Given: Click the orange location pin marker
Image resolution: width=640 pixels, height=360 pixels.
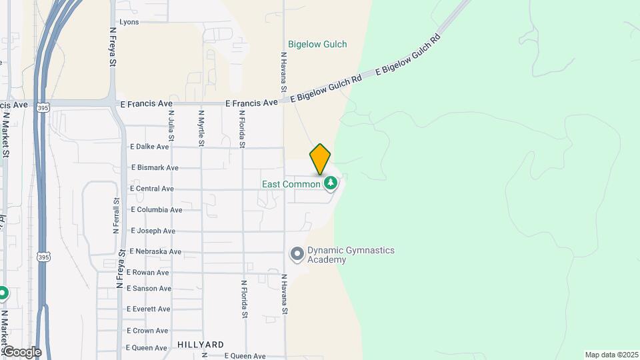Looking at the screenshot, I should coord(320,159).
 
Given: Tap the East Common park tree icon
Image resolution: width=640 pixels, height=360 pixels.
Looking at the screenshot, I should coord(330,182).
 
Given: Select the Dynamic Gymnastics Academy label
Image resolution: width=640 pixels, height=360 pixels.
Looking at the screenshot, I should coord(351,255).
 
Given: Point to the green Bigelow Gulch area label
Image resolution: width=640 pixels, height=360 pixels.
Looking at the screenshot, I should coord(317,45).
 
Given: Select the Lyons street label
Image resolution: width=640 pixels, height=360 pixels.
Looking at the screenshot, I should coord(129,22).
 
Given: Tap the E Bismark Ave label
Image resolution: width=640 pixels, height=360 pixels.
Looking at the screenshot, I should coord(155,168).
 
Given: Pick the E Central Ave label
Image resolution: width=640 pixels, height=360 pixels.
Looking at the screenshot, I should coord(152,189).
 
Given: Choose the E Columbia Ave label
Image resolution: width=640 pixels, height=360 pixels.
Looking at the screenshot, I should coord(157,210).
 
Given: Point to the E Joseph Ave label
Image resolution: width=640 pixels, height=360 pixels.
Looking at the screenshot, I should coord(153,231).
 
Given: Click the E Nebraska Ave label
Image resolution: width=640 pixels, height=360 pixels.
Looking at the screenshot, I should coord(155,252).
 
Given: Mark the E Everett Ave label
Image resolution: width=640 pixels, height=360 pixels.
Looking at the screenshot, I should coord(150,309).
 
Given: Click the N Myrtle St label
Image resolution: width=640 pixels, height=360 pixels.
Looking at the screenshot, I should coord(201,129).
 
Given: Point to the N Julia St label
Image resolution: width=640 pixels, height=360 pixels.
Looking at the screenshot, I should coord(171,128).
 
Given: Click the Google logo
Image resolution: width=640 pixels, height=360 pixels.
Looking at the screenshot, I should coord(22,351).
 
